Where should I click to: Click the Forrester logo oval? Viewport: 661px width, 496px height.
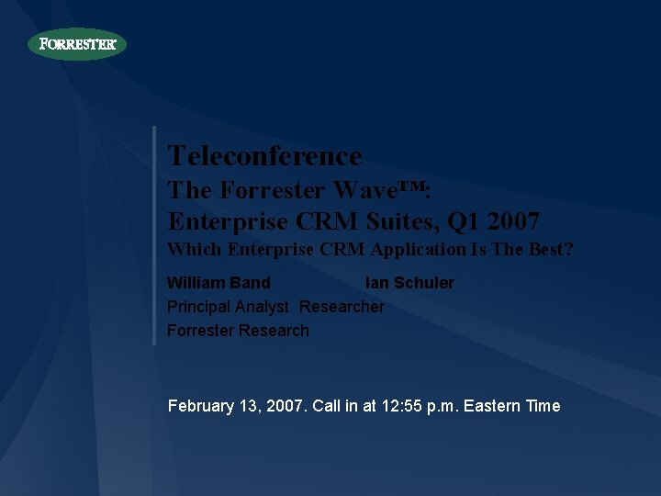77,44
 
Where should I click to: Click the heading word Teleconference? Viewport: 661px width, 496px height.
264,156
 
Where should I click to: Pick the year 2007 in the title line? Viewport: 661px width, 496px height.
513,221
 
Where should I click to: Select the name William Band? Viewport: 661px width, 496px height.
218,283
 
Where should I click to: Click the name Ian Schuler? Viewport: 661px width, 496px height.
409,283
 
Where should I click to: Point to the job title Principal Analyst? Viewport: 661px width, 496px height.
228,307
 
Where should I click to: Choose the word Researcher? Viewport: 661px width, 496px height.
342,307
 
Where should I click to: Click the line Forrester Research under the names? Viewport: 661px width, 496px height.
238,331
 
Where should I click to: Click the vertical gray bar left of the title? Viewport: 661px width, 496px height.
154,235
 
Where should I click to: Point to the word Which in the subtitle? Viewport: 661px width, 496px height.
194,249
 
